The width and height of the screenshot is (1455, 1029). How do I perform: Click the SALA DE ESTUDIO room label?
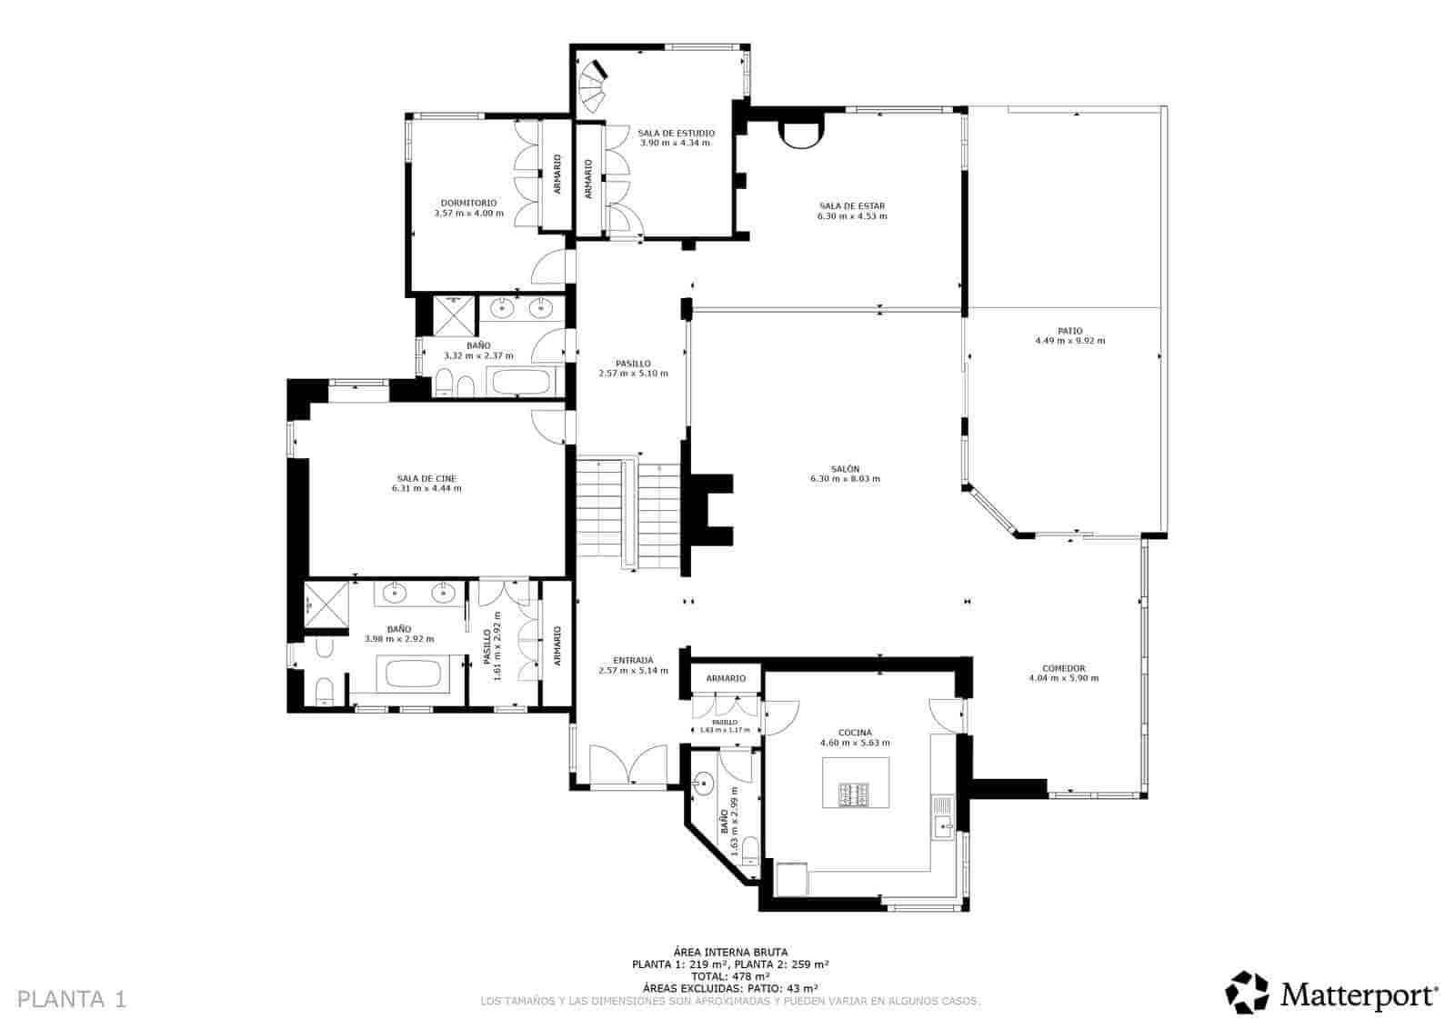[x=676, y=133]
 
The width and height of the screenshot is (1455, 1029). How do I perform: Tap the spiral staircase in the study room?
[x=594, y=81]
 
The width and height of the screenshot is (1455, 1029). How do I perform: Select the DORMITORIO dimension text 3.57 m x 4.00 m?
[x=468, y=214]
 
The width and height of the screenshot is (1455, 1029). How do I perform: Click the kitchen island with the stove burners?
[x=856, y=783]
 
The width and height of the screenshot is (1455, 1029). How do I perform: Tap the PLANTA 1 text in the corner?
[x=72, y=999]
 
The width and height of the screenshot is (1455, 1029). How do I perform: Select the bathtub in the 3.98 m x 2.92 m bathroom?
[x=413, y=674]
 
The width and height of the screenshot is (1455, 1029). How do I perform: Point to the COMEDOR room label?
[x=1063, y=668]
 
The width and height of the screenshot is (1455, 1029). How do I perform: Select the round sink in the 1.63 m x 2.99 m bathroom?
[x=703, y=781]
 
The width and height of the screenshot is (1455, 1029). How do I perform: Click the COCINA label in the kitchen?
[x=855, y=733]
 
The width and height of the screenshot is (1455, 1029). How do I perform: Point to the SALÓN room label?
[x=845, y=469]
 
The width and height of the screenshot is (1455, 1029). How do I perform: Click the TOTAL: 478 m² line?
[x=729, y=976]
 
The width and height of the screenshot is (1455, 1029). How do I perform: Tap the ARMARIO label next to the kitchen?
[x=726, y=678]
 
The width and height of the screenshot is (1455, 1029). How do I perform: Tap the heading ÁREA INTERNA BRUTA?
[x=729, y=952]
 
